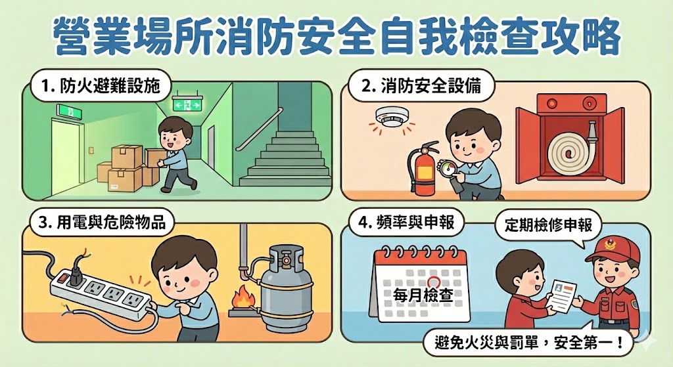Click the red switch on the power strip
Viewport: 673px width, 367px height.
click(x=63, y=278)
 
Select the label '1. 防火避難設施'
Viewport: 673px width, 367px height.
click(x=99, y=87)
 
